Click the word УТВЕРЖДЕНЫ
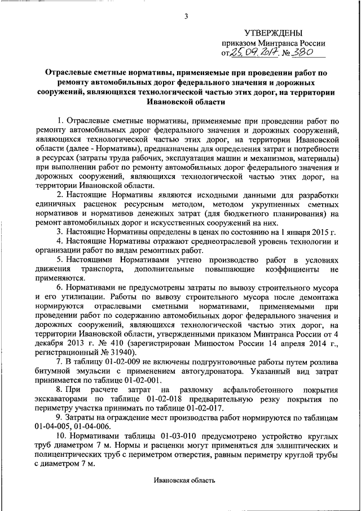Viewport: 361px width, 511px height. click(273, 33)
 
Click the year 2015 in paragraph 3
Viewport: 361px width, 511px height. click(312, 232)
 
